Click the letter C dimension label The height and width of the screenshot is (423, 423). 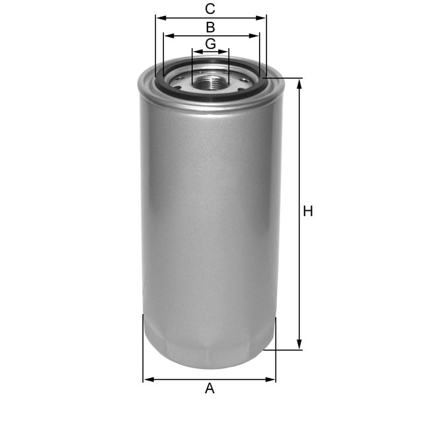(210, 9)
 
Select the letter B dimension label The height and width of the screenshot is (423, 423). (210, 27)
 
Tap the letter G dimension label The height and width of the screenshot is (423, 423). (210, 44)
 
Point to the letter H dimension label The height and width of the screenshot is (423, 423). (307, 211)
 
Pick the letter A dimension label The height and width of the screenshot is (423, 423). (210, 389)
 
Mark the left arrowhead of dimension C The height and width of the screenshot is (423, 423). (159, 18)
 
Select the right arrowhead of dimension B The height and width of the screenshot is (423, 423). (256, 36)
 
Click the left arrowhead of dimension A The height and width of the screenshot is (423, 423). (147, 379)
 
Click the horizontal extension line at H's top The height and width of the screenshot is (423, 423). (284, 79)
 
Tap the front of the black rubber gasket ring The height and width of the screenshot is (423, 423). (210, 98)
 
